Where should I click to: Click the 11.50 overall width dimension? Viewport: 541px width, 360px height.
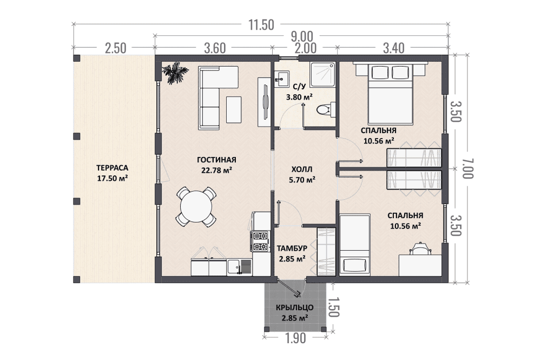(261, 25)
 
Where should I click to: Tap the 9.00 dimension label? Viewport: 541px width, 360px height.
(302, 37)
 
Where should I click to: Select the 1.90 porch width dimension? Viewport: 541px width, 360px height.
(295, 338)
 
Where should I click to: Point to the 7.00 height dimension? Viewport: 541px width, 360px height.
(466, 169)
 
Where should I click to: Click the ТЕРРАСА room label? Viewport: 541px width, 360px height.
(113, 168)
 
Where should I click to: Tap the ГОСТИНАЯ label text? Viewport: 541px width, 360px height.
(217, 160)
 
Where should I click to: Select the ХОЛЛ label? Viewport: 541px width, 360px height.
(302, 169)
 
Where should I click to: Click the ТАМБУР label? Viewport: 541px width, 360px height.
(292, 248)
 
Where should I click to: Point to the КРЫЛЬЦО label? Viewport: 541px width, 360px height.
(295, 307)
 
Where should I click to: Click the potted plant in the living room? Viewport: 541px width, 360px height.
(175, 73)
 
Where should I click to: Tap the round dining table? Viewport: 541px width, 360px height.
(196, 207)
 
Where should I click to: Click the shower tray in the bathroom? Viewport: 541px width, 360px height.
(322, 75)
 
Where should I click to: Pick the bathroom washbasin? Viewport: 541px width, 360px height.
(282, 78)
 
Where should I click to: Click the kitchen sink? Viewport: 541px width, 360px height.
(240, 267)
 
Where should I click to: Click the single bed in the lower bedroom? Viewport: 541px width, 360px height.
(355, 245)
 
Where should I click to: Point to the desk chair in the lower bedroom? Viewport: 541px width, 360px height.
(420, 248)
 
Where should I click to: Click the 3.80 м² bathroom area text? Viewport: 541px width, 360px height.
(299, 97)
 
